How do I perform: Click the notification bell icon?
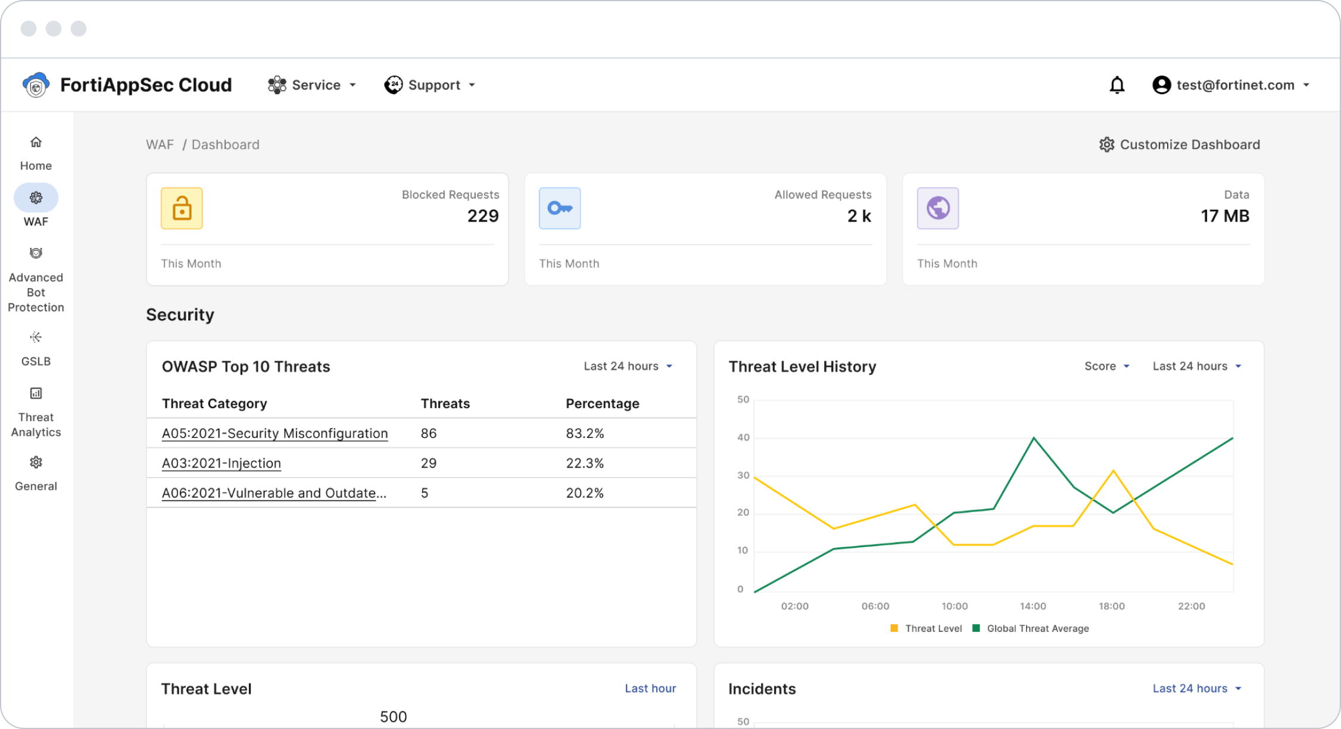(x=1117, y=85)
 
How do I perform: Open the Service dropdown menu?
(x=312, y=85)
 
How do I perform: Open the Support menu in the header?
(x=430, y=85)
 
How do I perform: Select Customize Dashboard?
(x=1180, y=145)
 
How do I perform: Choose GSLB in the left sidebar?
(x=36, y=348)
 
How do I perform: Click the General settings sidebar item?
(x=36, y=473)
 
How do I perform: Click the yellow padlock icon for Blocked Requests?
(x=182, y=208)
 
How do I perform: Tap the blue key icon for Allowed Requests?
(x=560, y=208)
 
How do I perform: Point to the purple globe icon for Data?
(x=938, y=208)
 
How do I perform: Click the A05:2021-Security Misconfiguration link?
(x=275, y=434)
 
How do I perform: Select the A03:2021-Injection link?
(x=222, y=463)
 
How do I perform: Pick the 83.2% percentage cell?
(x=585, y=434)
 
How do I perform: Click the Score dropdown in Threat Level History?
(x=1106, y=366)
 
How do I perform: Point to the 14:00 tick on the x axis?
(x=1033, y=606)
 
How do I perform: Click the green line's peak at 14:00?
(x=1034, y=438)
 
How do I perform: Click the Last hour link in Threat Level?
(x=650, y=688)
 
